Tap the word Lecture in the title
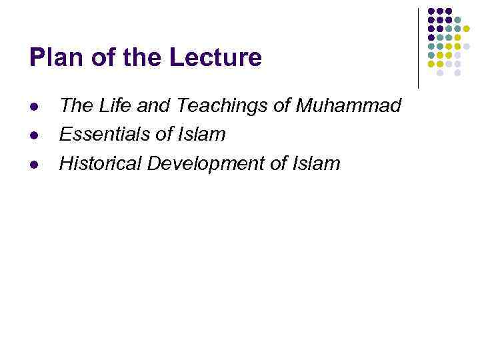click(x=215, y=58)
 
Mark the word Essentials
click(x=103, y=135)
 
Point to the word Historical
click(x=101, y=163)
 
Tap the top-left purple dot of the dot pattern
click(x=431, y=11)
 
